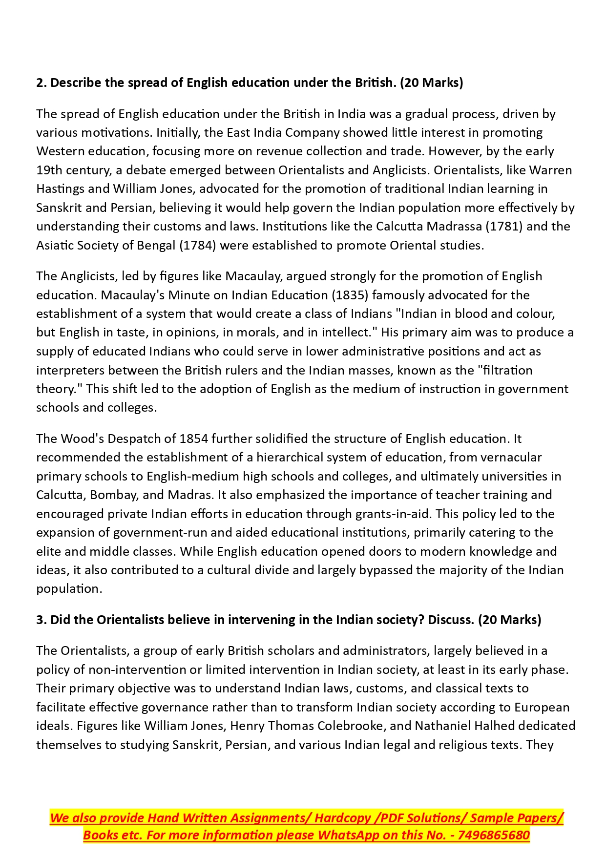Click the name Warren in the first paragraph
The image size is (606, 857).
click(551, 170)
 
